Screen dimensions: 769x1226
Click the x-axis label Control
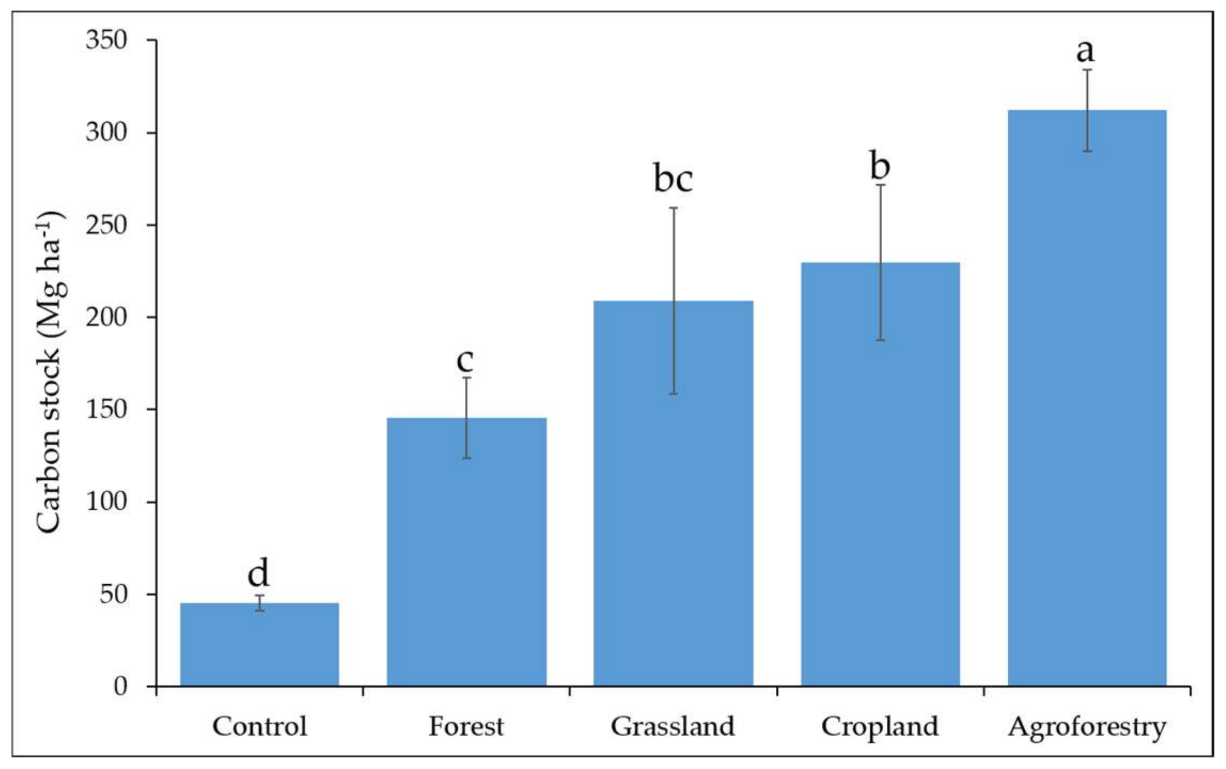pyautogui.click(x=260, y=726)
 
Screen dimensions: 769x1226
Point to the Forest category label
pyautogui.click(x=466, y=726)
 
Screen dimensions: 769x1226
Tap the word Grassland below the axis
pyautogui.click(x=673, y=726)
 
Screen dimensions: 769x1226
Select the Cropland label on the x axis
pyautogui.click(x=880, y=726)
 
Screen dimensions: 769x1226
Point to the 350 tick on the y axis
pyautogui.click(x=106, y=40)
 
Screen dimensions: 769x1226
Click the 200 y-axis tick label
pyautogui.click(x=106, y=317)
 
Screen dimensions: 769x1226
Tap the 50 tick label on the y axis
pyautogui.click(x=113, y=595)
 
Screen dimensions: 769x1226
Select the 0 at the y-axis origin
pyautogui.click(x=120, y=687)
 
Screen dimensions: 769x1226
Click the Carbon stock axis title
pyautogui.click(x=51, y=372)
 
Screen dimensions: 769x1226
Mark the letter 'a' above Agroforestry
pyautogui.click(x=1085, y=52)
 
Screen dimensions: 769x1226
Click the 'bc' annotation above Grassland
pyautogui.click(x=673, y=179)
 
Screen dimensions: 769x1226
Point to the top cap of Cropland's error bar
pyautogui.click(x=880, y=185)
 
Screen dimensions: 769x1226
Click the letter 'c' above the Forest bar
pyautogui.click(x=465, y=360)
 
